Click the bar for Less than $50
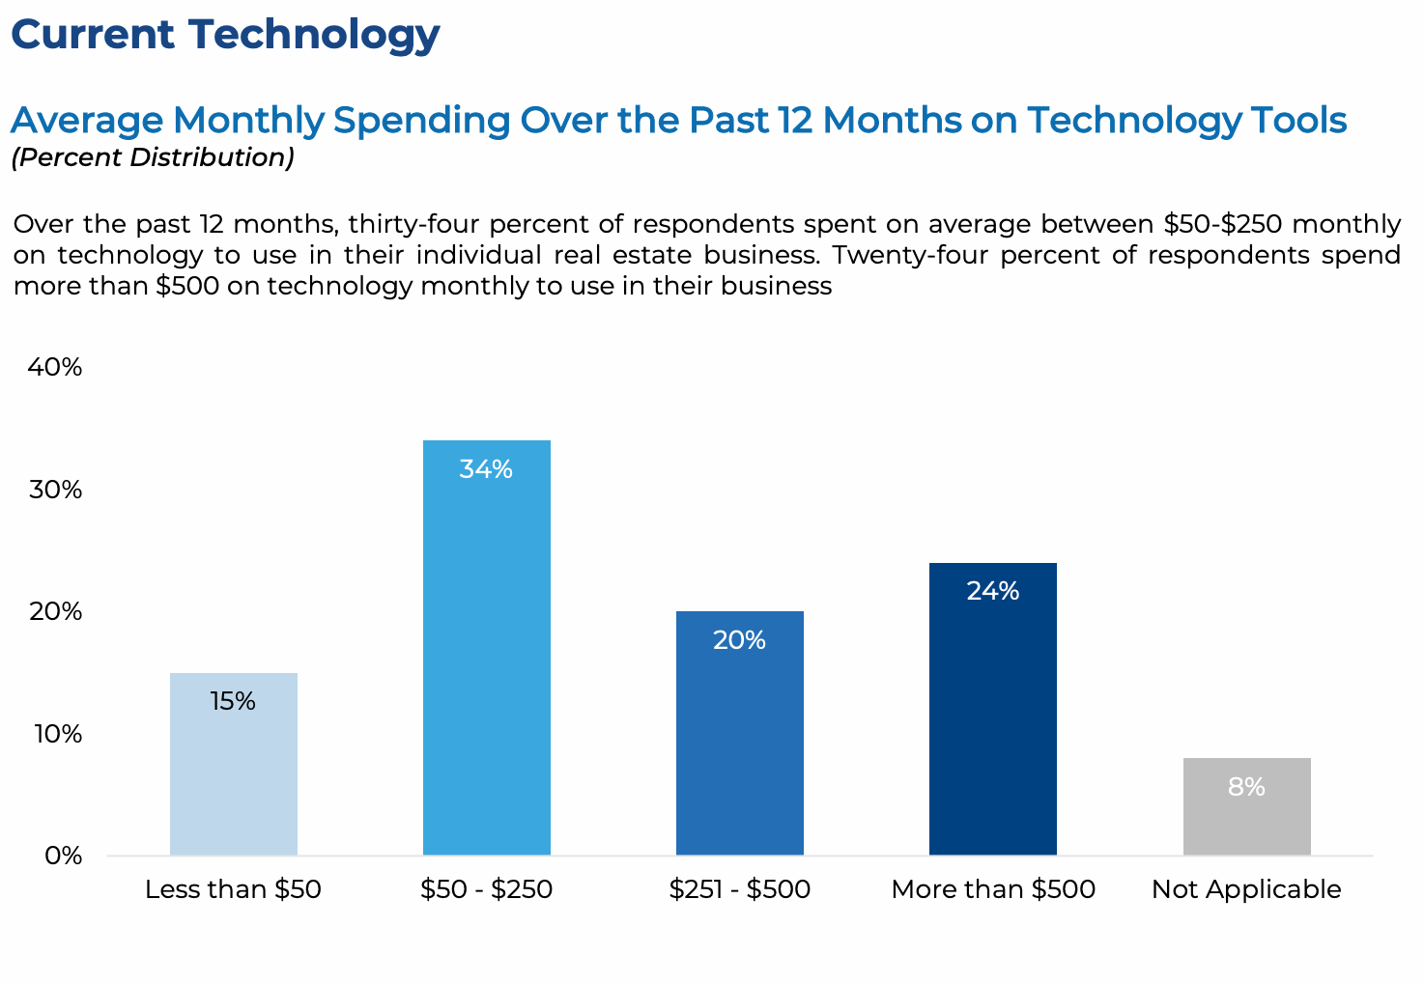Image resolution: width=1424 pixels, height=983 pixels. tap(234, 772)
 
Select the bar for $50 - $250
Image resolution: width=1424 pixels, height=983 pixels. tap(487, 657)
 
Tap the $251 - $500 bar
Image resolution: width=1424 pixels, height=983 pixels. tap(740, 744)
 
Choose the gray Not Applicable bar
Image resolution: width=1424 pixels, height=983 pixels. tap(1246, 821)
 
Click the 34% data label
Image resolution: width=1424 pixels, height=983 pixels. tap(486, 469)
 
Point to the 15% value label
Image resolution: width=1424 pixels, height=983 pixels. tap(233, 701)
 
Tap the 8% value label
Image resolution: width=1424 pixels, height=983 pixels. tap(1246, 787)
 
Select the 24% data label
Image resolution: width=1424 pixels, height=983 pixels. tap(993, 591)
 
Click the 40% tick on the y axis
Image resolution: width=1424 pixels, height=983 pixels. tap(55, 367)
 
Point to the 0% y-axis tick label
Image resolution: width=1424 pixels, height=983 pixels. tap(63, 856)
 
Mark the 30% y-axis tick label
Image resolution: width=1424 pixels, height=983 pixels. tap(55, 490)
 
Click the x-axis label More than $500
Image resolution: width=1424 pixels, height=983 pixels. tap(993, 889)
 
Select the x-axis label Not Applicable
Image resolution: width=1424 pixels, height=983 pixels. tap(1246, 889)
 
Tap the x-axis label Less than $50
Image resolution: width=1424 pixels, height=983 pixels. tap(233, 889)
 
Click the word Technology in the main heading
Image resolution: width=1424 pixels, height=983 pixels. tap(314, 35)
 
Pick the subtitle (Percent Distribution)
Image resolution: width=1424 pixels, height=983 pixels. tap(153, 157)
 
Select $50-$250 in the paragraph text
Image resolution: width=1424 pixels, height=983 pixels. tap(1222, 224)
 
